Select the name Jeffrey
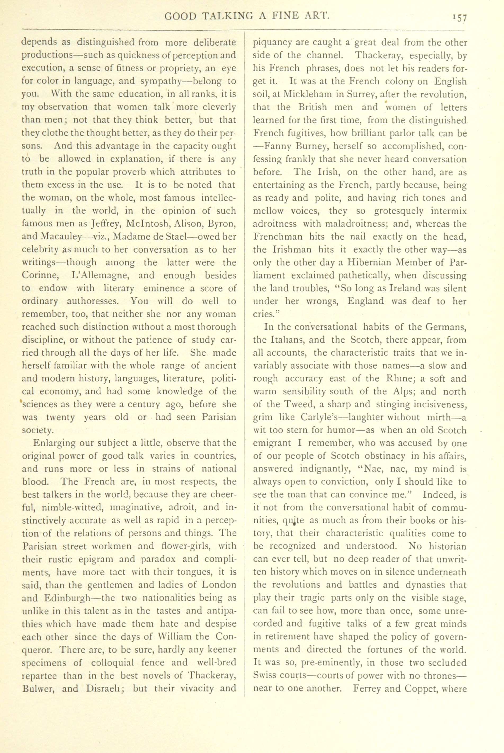pos(104,224)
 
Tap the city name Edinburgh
pos(66,598)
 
